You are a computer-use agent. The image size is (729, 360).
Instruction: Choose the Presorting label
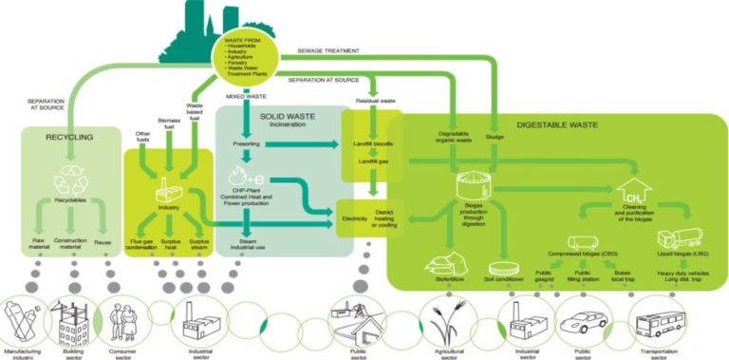pyautogui.click(x=247, y=144)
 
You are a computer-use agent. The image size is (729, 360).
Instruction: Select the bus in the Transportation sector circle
pyautogui.click(x=655, y=323)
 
